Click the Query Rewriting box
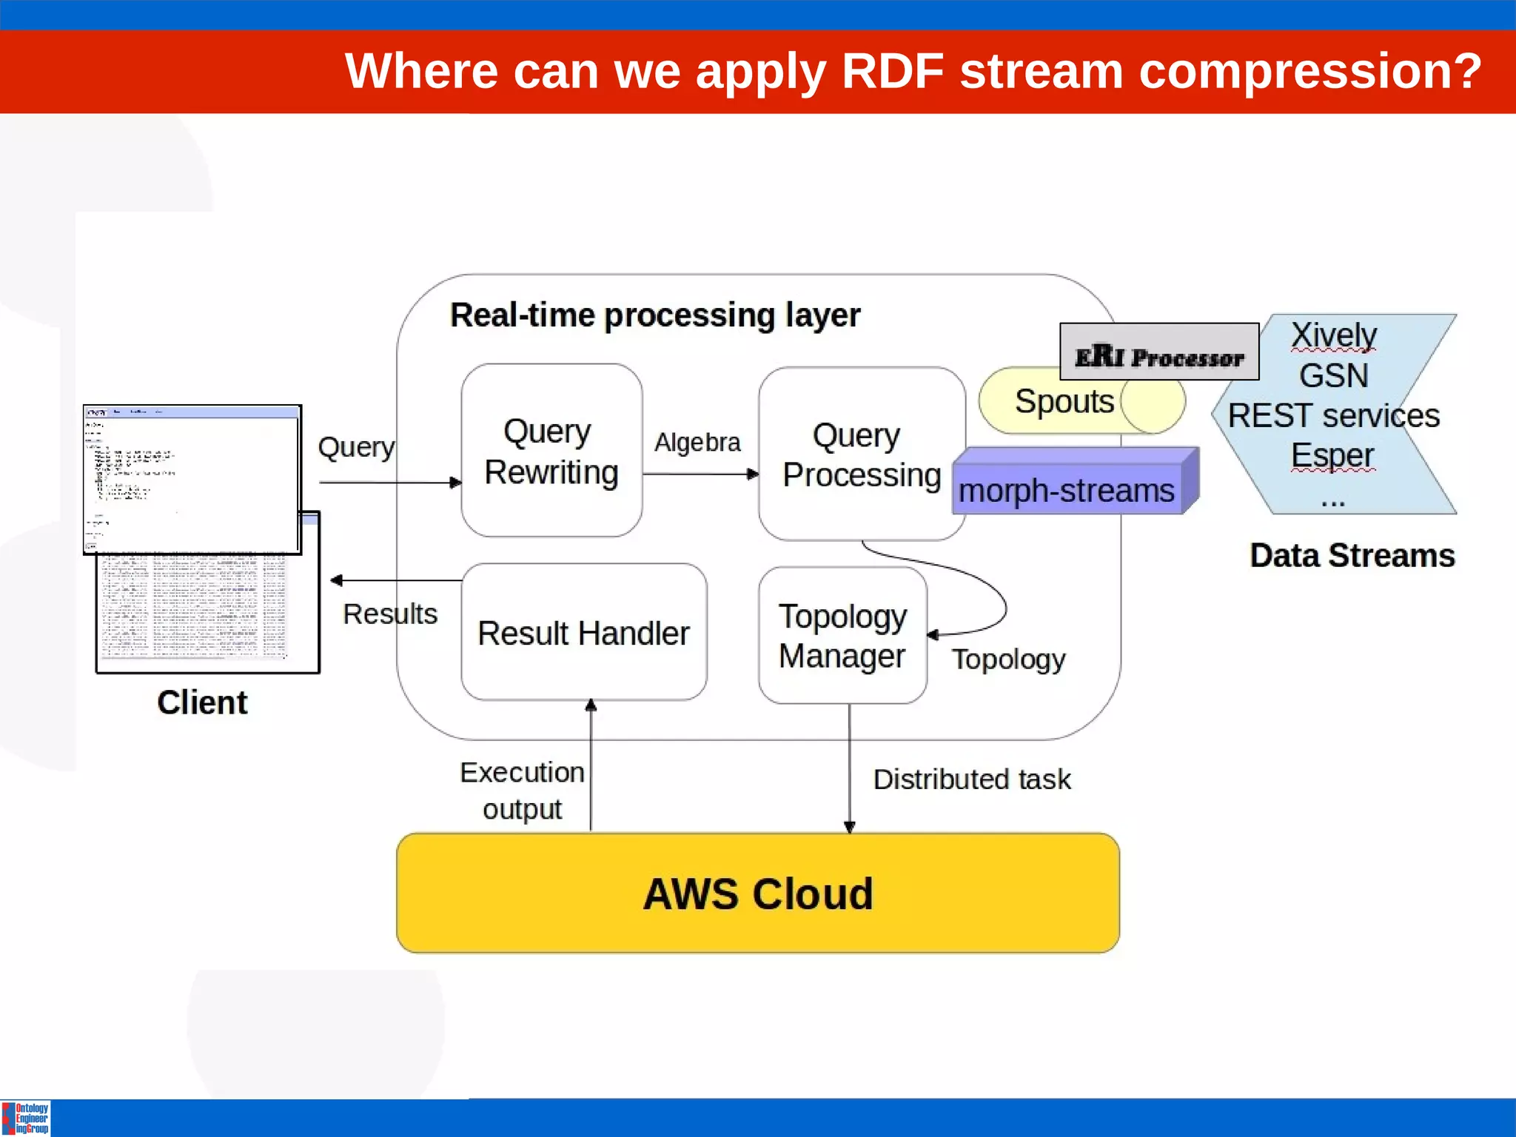point(551,451)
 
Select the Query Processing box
point(861,454)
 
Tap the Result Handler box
point(583,633)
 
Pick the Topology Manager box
point(842,636)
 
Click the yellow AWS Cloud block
point(757,893)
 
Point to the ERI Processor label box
point(1159,352)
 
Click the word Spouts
point(1064,402)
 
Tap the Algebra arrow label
point(697,443)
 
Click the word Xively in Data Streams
point(1333,335)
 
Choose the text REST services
point(1333,416)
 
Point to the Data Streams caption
point(1352,556)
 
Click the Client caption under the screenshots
point(202,702)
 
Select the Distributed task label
point(971,779)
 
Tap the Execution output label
point(522,791)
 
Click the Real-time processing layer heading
point(655,315)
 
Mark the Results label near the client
point(390,614)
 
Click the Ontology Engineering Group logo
point(27,1118)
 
